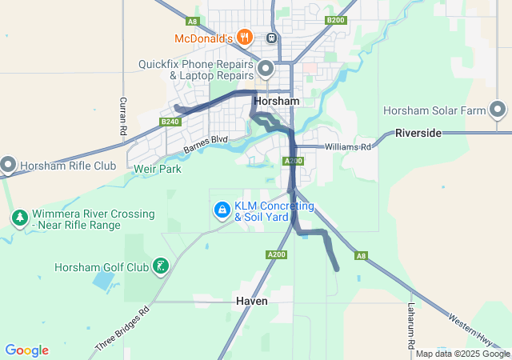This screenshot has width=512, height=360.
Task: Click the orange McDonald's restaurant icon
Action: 245,37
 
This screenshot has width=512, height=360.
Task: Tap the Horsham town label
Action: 276,102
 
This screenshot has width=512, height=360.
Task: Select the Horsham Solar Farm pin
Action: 498,110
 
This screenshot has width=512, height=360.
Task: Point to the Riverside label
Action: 418,133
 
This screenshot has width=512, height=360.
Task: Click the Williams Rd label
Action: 348,146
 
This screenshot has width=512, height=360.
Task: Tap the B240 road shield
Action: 170,122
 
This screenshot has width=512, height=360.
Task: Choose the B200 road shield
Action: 335,20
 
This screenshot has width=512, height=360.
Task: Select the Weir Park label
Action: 158,169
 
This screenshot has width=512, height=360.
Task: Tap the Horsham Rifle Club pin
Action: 9,165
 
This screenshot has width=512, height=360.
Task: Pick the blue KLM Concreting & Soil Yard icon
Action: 221,210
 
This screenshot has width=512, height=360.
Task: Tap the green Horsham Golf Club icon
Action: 162,266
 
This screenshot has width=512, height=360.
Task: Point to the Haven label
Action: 252,301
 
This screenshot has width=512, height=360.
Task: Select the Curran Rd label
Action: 123,115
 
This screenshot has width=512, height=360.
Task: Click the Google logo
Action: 26,350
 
